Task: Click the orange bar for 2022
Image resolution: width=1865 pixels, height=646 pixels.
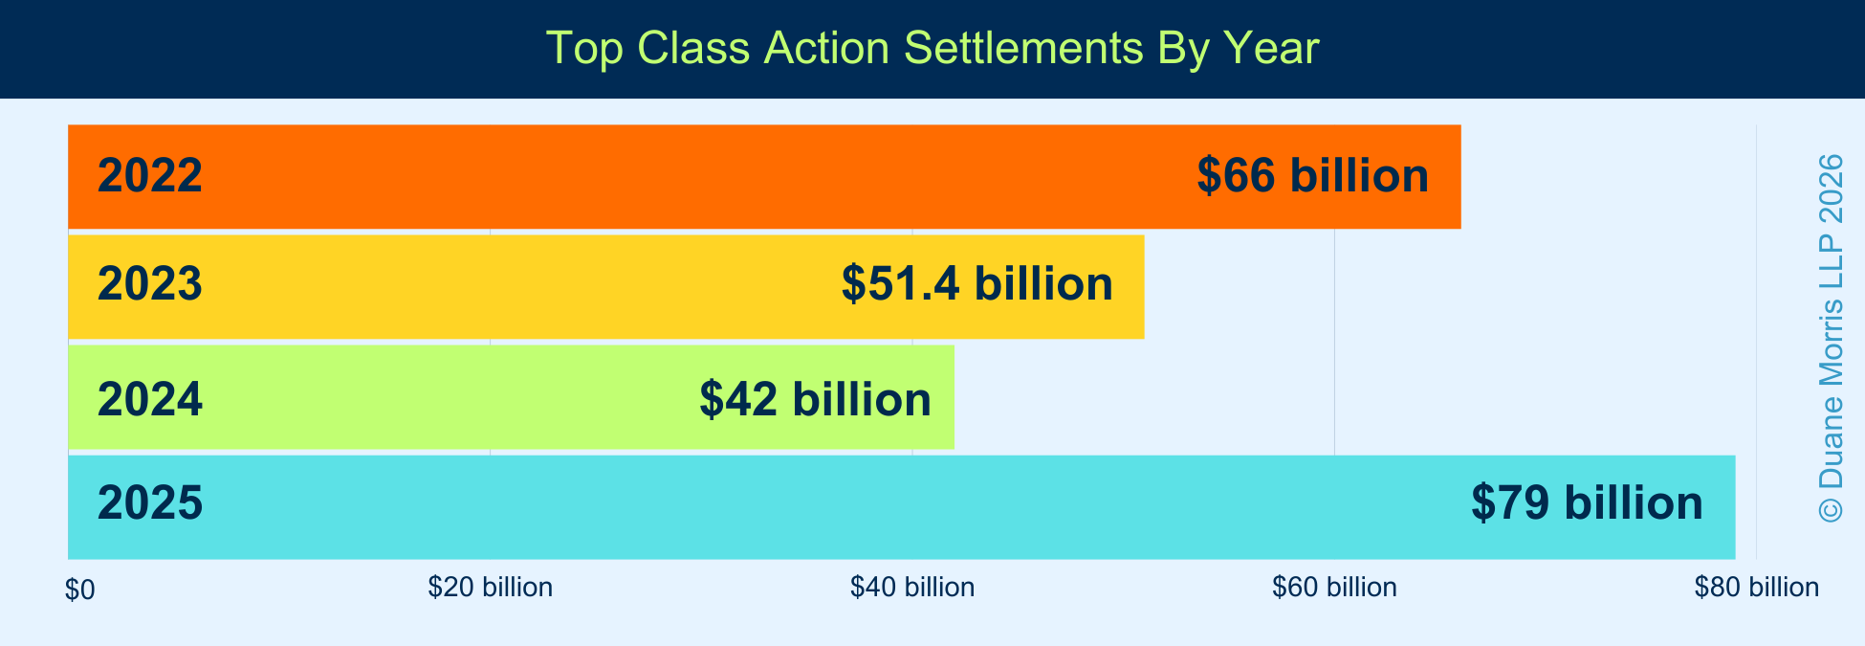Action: point(764,177)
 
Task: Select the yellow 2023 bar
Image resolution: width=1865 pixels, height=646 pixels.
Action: point(606,287)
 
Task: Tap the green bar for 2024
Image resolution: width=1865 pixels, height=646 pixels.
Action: point(512,397)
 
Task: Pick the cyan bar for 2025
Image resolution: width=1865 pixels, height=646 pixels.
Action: point(902,507)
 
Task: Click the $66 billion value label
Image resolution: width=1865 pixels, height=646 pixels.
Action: point(1313,176)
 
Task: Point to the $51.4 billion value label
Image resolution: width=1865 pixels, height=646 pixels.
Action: point(977,284)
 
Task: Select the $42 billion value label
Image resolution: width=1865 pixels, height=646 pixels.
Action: point(816,399)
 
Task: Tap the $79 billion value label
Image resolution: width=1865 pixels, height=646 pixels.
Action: point(1588,503)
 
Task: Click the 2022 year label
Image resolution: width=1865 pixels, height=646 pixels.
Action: point(150,176)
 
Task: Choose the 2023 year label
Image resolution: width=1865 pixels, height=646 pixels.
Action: point(150,285)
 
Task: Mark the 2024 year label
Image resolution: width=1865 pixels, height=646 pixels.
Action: point(150,400)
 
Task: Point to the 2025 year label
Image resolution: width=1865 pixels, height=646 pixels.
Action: point(150,503)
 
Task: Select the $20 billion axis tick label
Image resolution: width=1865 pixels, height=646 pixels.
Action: point(491,588)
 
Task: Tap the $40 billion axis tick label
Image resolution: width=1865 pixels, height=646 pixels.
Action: point(912,588)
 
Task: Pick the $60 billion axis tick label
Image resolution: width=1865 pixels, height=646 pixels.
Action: point(1334,588)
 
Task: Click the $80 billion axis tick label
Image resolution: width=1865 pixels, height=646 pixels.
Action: point(1757,588)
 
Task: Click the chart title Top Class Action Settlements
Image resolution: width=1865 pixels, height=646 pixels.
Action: point(844,48)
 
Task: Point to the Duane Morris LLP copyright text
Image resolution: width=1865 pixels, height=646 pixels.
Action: point(1831,338)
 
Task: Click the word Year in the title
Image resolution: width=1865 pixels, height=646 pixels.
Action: point(1275,48)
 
